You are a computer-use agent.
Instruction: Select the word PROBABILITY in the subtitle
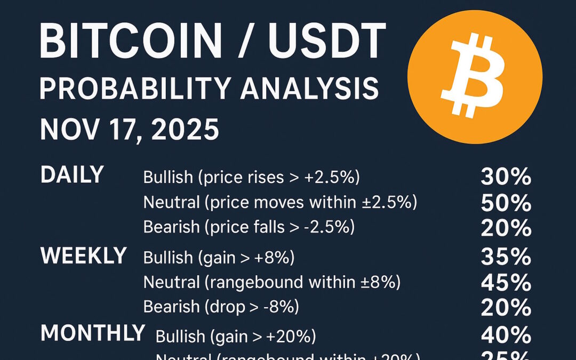pyautogui.click(x=137, y=89)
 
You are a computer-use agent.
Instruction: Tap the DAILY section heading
pyautogui.click(x=72, y=175)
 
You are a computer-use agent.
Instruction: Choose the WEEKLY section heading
pyautogui.click(x=83, y=256)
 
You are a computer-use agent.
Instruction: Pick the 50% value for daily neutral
pyautogui.click(x=506, y=203)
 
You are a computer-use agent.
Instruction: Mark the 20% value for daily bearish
pyautogui.click(x=506, y=228)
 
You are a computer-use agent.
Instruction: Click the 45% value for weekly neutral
pyautogui.click(x=506, y=282)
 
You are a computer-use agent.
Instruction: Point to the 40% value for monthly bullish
pyautogui.click(x=506, y=335)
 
